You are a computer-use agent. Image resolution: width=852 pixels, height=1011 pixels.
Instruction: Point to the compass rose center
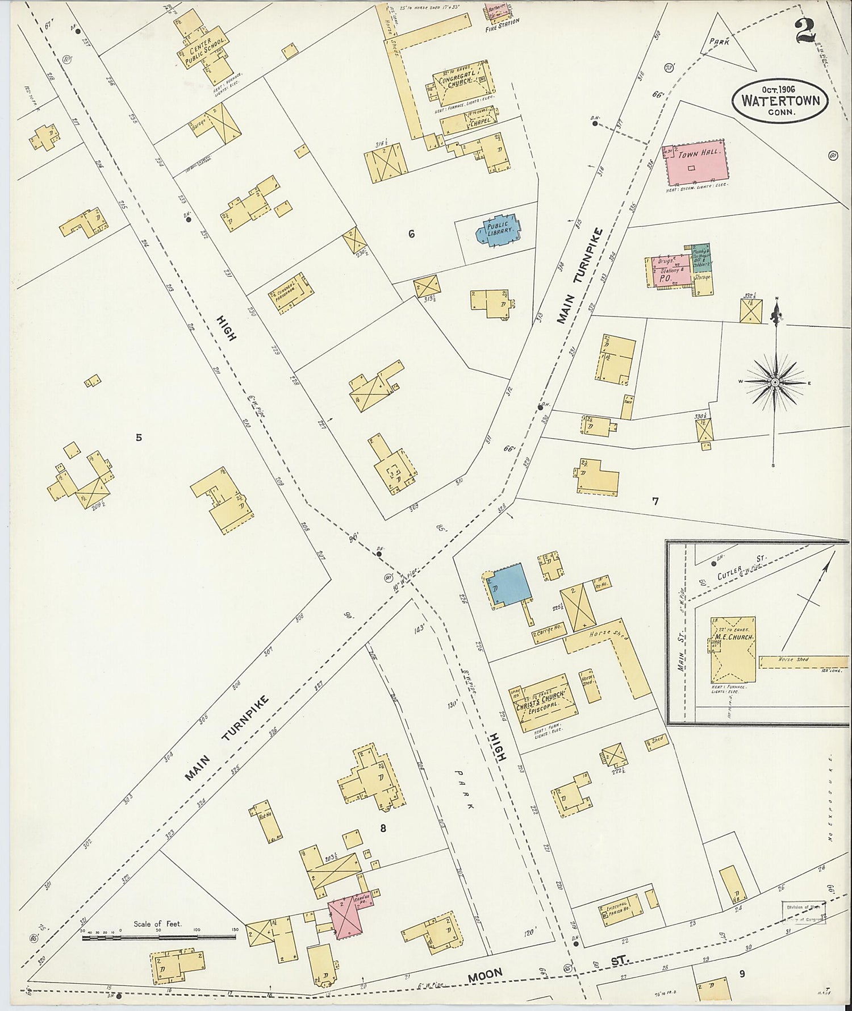coord(775,383)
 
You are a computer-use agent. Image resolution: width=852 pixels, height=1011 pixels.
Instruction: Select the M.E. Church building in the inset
coord(733,650)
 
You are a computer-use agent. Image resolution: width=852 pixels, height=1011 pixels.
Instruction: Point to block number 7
coord(655,501)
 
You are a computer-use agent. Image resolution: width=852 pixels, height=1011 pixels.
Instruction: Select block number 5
coord(139,437)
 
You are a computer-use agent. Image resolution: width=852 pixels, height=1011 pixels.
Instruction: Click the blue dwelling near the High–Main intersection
coord(509,585)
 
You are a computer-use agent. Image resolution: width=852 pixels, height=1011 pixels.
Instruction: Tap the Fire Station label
coord(502,24)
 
